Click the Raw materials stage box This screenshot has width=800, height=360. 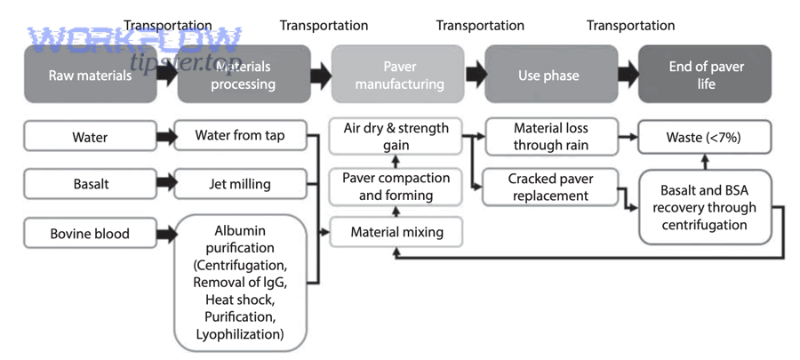[x=89, y=75]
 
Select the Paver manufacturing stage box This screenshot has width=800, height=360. [x=397, y=75]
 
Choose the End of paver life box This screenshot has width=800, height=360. [x=706, y=75]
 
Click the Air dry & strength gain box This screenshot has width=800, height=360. [x=396, y=137]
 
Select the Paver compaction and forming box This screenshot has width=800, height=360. [x=396, y=186]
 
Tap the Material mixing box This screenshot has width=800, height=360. [x=396, y=233]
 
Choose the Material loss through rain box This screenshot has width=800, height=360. [x=551, y=137]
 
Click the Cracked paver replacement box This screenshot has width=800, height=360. [x=551, y=187]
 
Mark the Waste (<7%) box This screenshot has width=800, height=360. [x=703, y=138]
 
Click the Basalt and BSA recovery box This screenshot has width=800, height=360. [x=708, y=207]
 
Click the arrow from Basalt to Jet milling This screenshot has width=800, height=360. [x=166, y=185]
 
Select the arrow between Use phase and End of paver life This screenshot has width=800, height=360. [x=626, y=75]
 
